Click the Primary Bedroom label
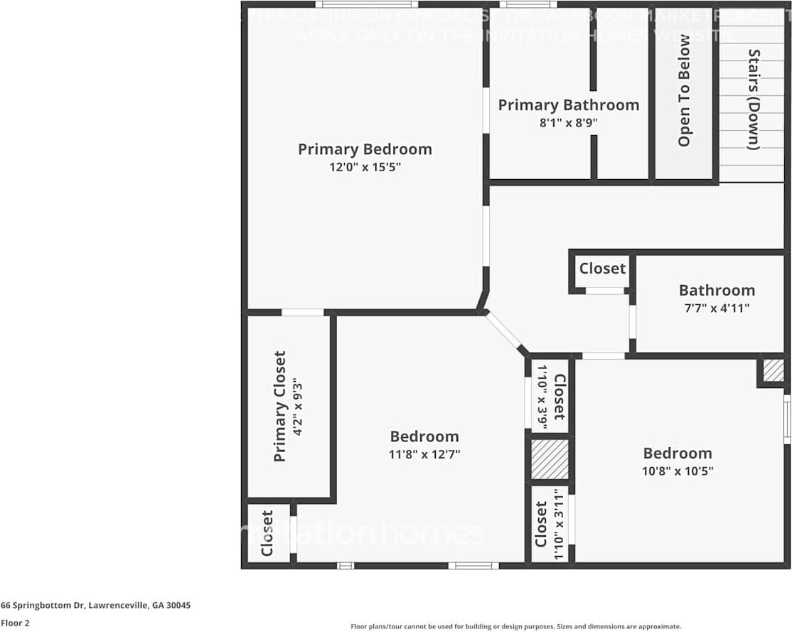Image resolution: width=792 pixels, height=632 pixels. coord(364,149)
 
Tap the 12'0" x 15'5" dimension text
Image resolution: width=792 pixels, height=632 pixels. coord(364,168)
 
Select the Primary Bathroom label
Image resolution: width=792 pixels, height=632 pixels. coord(568,105)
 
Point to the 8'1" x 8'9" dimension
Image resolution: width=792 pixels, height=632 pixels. coord(568,123)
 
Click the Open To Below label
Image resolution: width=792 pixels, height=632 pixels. coord(684,90)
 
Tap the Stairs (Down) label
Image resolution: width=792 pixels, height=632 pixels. coord(753,99)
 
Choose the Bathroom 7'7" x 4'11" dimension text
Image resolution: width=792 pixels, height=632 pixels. coord(716,309)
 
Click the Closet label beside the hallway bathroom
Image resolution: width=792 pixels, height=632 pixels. coord(602,269)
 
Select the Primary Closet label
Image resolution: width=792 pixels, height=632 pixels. coord(279,406)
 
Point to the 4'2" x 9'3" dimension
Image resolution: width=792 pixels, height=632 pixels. coord(299,406)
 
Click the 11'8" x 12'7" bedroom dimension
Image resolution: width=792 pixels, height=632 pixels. coord(424,454)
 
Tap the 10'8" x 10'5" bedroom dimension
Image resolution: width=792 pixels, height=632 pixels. coord(678,471)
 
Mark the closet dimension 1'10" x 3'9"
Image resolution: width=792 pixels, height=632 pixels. coord(542,397)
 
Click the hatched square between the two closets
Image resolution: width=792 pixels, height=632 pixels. coord(550,459)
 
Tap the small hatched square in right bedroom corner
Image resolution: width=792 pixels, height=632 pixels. coord(774,370)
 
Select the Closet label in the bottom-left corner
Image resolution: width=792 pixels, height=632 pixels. coord(267,533)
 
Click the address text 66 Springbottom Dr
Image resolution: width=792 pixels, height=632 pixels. coord(95,606)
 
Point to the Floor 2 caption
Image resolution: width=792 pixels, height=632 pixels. coord(14,623)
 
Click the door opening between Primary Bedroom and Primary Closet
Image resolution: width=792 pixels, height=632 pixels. coord(303,312)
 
